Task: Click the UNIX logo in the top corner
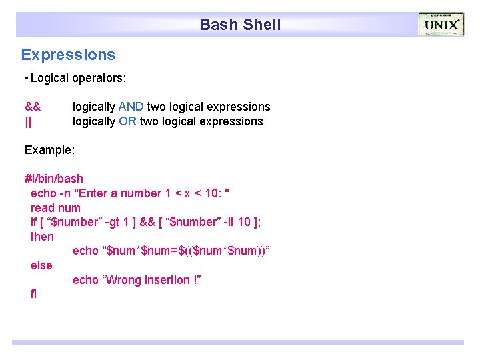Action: coord(441,25)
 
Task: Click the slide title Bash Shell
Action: coord(240,25)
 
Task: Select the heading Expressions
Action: coord(68,55)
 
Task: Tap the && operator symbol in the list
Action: coord(33,107)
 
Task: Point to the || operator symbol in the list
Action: coord(28,121)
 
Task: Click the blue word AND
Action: coord(131,107)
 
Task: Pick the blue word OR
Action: coord(127,121)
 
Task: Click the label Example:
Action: coord(49,150)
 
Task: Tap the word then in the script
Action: coord(42,237)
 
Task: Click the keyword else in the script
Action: coord(41,265)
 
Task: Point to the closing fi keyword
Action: coord(34,294)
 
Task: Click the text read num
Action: coord(55,208)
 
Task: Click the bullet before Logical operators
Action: coord(25,79)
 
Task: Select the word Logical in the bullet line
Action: coord(49,78)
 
